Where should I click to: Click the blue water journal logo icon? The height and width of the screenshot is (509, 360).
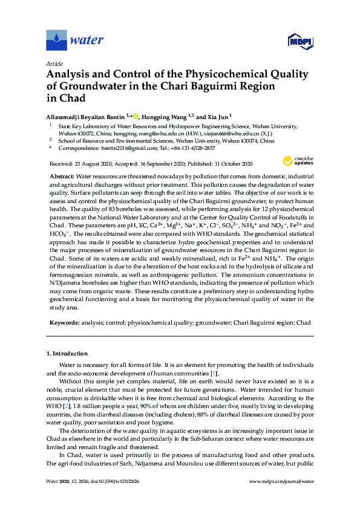tap(56, 41)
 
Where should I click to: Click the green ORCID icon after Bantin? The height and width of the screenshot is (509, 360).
tap(136, 115)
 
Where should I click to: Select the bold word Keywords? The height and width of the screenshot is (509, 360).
tap(64, 323)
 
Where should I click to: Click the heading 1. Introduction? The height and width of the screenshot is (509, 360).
tap(67, 353)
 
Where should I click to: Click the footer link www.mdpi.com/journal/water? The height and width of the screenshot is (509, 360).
tap(280, 498)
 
